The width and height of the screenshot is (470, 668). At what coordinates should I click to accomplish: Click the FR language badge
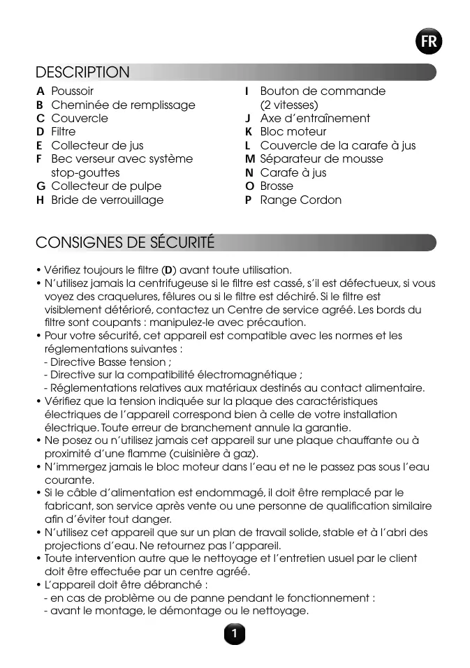click(x=429, y=42)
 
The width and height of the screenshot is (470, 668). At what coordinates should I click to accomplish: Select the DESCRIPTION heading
click(x=82, y=73)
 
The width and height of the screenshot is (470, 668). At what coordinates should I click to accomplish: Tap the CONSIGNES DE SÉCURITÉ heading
click(x=125, y=243)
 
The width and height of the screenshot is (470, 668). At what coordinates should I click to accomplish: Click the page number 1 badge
click(x=235, y=634)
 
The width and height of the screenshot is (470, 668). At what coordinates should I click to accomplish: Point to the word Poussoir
click(x=72, y=91)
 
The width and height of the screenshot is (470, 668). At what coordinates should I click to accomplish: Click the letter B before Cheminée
click(x=40, y=105)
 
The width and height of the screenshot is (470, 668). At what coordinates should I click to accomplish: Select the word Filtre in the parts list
click(x=64, y=132)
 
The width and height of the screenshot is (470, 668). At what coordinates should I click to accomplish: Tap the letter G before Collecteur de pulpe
click(x=41, y=186)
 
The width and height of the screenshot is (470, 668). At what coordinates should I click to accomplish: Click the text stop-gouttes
click(x=85, y=173)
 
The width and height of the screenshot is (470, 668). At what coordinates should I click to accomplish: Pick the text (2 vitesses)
click(x=289, y=105)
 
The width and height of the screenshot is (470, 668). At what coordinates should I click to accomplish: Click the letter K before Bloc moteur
click(x=248, y=132)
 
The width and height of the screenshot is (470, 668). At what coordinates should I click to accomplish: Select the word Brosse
click(x=277, y=186)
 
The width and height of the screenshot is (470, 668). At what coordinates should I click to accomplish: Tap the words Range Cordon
click(x=301, y=200)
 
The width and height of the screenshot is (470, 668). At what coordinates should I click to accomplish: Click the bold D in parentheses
click(x=168, y=270)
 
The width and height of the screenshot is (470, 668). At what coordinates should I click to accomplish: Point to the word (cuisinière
click(x=179, y=454)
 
